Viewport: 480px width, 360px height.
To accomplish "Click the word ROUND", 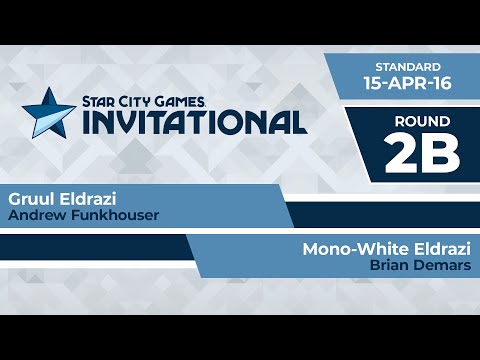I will pos(421,120).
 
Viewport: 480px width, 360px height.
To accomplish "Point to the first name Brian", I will pos(388,266).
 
